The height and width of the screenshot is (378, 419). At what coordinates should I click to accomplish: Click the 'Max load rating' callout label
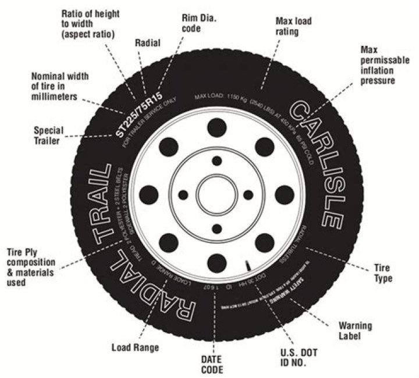296,26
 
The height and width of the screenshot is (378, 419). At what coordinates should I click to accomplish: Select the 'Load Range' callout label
134,348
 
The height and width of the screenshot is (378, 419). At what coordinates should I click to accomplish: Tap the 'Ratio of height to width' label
94,26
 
